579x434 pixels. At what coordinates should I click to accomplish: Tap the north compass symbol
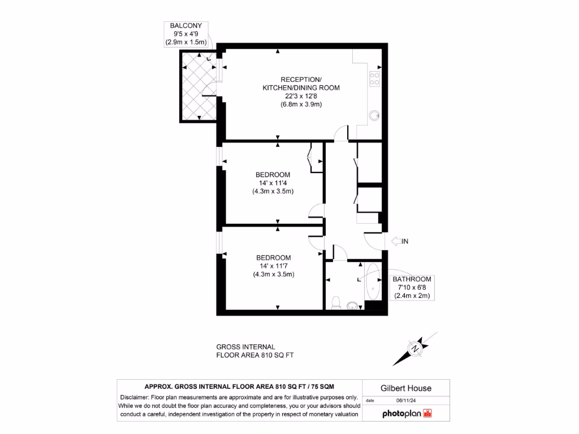416,348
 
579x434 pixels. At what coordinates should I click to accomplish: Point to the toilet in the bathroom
336,303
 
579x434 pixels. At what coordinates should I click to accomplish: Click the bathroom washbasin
353,306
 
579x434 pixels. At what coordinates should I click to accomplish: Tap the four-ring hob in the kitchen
374,79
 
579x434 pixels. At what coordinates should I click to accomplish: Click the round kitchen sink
374,115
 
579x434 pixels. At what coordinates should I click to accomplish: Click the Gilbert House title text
405,388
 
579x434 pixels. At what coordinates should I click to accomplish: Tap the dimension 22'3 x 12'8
301,96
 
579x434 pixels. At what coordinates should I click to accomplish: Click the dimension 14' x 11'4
273,183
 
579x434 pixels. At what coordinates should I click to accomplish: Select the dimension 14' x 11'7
273,266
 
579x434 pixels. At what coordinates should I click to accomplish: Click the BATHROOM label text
412,279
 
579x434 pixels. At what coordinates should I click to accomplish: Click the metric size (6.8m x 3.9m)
301,105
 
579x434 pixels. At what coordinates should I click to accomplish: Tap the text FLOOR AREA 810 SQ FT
256,355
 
